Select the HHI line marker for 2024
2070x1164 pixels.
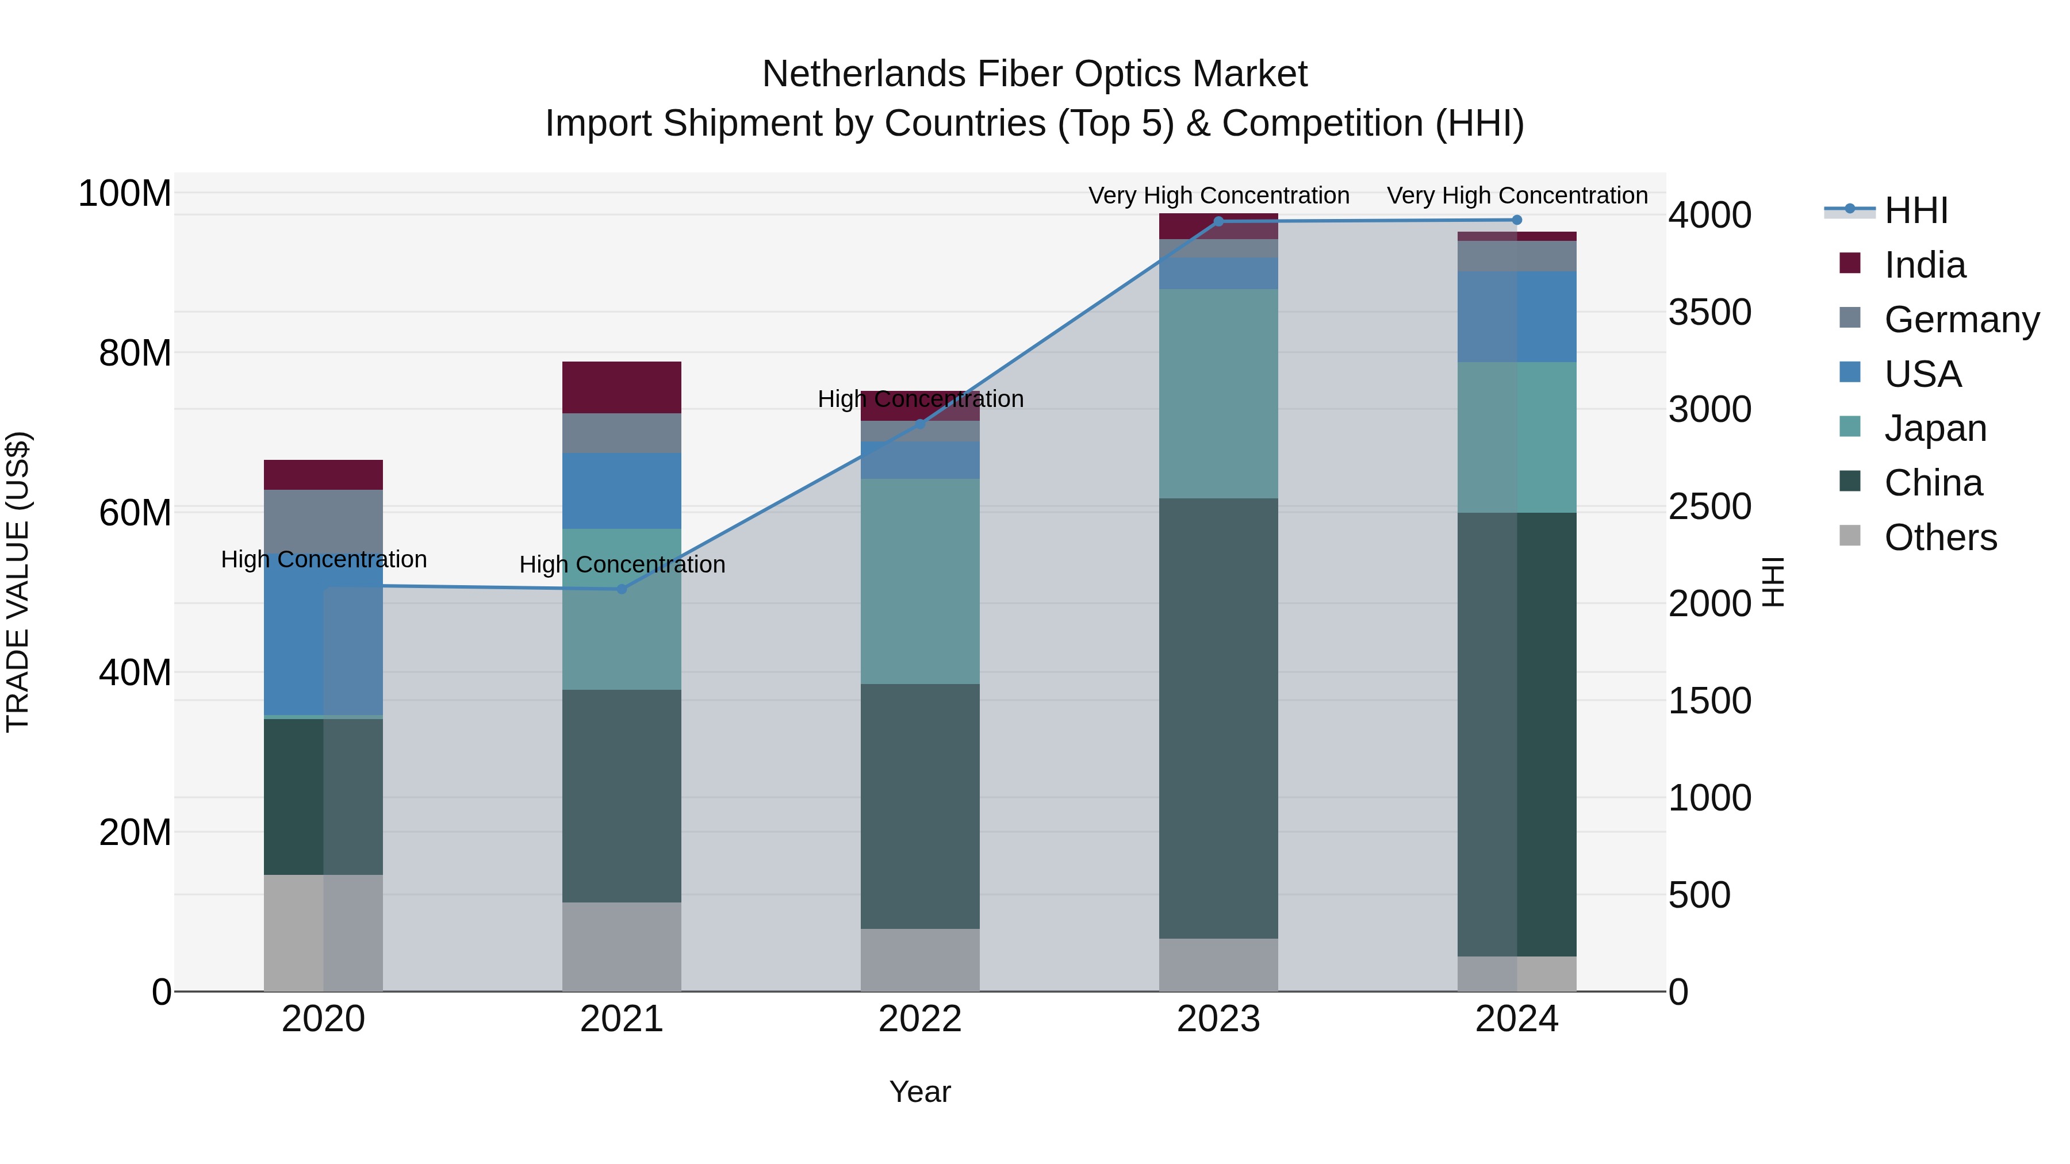[1516, 220]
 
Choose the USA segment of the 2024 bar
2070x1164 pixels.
[1516, 317]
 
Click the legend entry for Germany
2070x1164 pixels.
[1961, 320]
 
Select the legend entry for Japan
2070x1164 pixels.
[1935, 428]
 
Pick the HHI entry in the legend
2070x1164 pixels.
[1916, 210]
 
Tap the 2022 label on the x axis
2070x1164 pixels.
[920, 1019]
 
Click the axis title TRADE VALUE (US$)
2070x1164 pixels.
[18, 582]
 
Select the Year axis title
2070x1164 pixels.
[920, 1092]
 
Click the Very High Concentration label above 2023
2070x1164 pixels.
[1218, 195]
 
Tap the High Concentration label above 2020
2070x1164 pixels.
[323, 559]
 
